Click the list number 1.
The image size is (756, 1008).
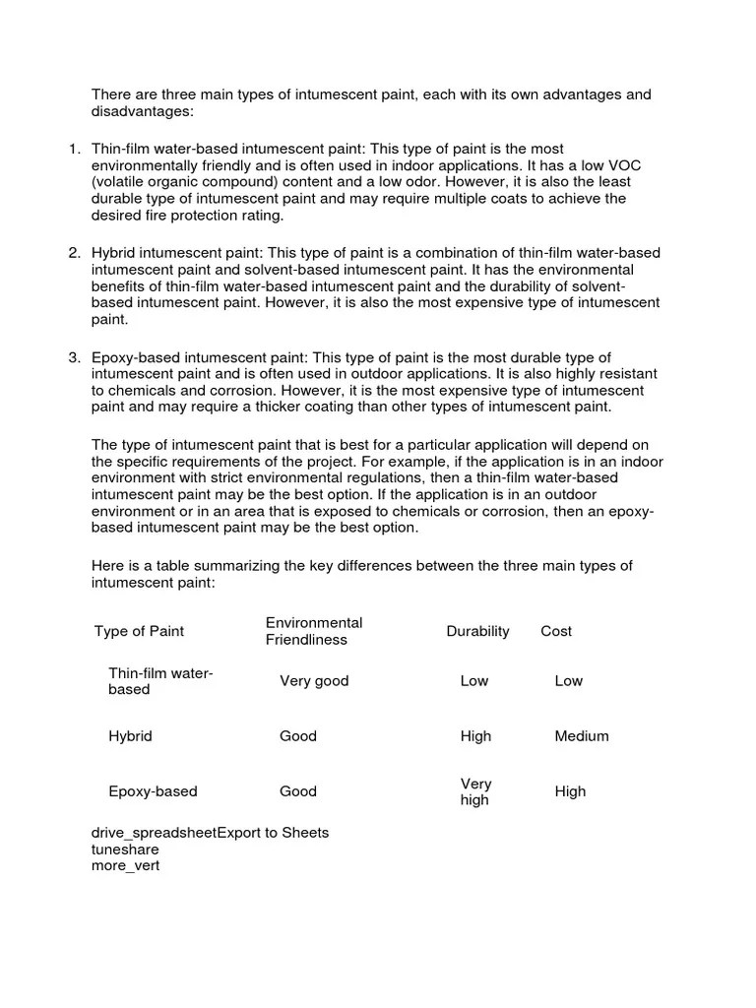click(x=75, y=149)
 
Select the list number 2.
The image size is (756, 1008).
click(x=75, y=253)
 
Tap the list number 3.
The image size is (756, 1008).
click(x=75, y=357)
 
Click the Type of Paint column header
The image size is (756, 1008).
click(x=139, y=631)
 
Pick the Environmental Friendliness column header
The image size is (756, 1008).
click(x=314, y=631)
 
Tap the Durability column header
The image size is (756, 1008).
click(x=477, y=631)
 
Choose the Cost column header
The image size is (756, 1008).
click(x=556, y=631)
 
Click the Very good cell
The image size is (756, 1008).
click(x=314, y=680)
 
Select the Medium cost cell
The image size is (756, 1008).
click(x=582, y=735)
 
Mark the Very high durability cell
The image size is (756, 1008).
click(x=475, y=791)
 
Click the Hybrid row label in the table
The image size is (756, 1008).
click(x=130, y=735)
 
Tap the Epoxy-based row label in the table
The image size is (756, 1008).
click(x=153, y=791)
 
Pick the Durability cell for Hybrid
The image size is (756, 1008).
click(x=475, y=735)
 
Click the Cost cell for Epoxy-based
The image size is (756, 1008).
click(x=570, y=791)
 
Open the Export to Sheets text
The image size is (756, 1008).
click(x=273, y=833)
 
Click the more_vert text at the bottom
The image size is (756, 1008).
click(x=125, y=866)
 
